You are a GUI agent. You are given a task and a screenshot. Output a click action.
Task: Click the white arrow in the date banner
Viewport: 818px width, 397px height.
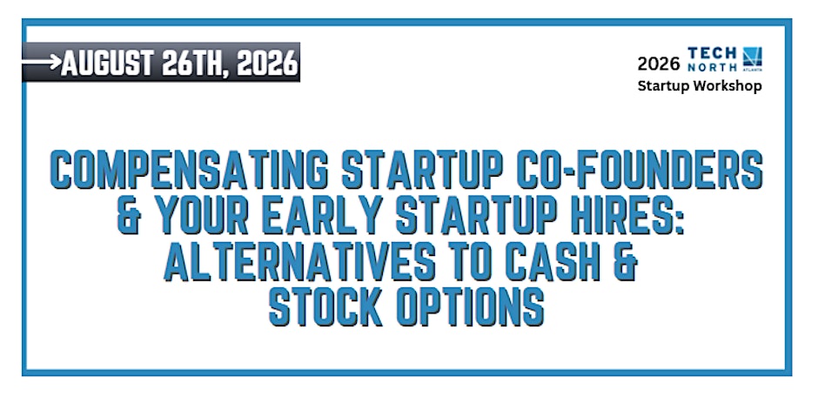click(x=42, y=62)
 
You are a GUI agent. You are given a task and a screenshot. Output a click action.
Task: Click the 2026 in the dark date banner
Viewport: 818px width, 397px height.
click(x=266, y=64)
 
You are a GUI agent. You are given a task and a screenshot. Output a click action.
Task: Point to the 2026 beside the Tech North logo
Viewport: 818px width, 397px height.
click(x=659, y=64)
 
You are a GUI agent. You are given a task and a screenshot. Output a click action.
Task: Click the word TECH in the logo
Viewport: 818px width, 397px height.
click(x=712, y=53)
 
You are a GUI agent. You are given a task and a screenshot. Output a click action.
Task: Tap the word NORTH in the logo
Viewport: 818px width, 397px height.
click(x=712, y=67)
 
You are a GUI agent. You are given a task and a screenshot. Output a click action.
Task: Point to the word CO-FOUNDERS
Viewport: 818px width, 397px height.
click(x=640, y=169)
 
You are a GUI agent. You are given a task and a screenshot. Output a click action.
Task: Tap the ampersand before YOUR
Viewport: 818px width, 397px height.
click(x=129, y=214)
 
